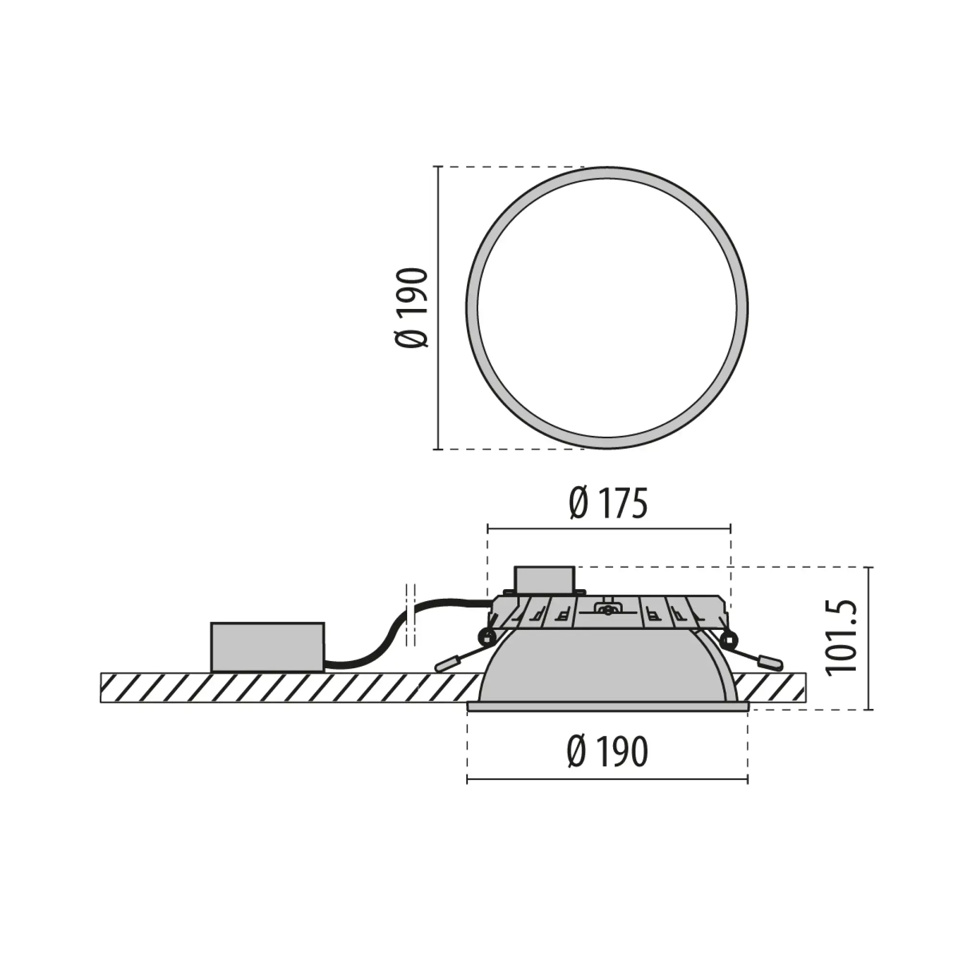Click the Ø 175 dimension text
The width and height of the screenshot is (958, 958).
[x=608, y=503]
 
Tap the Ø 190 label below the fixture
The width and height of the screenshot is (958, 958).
[x=607, y=752]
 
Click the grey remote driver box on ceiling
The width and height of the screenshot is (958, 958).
[x=267, y=647]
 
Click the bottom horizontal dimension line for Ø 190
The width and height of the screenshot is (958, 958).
[x=607, y=780]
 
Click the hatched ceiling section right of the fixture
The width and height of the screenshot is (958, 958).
[x=774, y=687]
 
